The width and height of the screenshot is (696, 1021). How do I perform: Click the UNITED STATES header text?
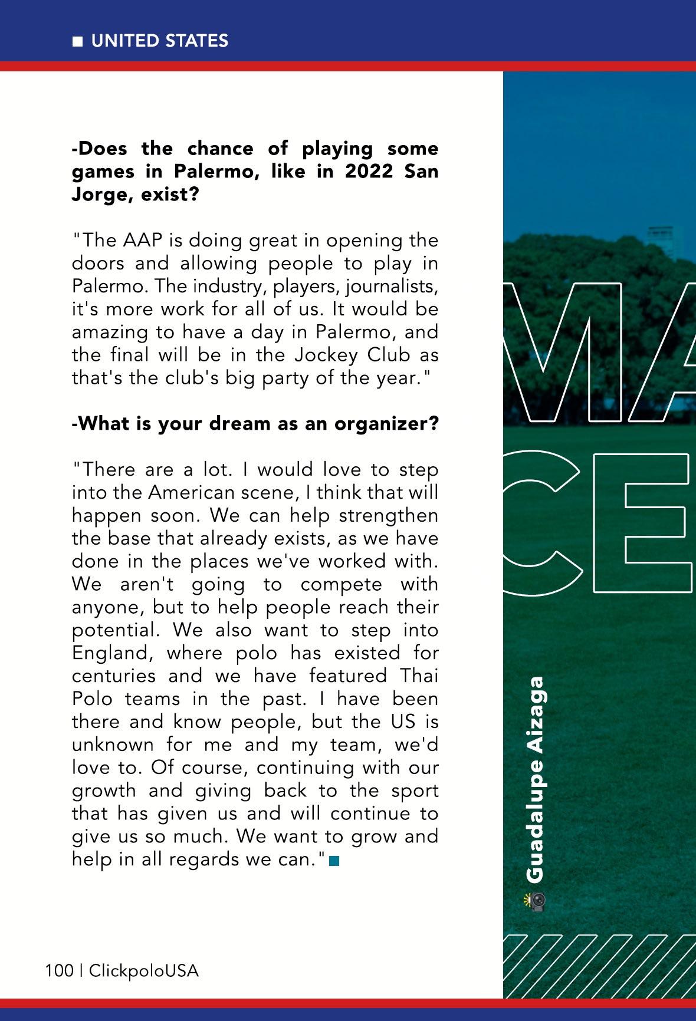pyautogui.click(x=159, y=41)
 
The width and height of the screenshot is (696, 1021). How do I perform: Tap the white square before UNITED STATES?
pyautogui.click(x=77, y=41)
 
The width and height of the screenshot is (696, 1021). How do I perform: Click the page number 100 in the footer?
pyautogui.click(x=59, y=970)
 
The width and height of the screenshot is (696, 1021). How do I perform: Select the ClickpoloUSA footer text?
pyautogui.click(x=143, y=970)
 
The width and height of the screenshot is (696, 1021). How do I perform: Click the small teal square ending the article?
pyautogui.click(x=334, y=861)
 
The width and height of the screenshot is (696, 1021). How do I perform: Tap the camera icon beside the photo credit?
pyautogui.click(x=536, y=900)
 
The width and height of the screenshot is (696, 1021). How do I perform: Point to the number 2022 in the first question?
pyautogui.click(x=369, y=172)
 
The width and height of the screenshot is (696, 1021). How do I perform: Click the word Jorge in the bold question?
pyautogui.click(x=101, y=195)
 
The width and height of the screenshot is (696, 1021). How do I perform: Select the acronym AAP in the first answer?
pyautogui.click(x=143, y=241)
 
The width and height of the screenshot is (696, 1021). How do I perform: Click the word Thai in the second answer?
pyautogui.click(x=419, y=676)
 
